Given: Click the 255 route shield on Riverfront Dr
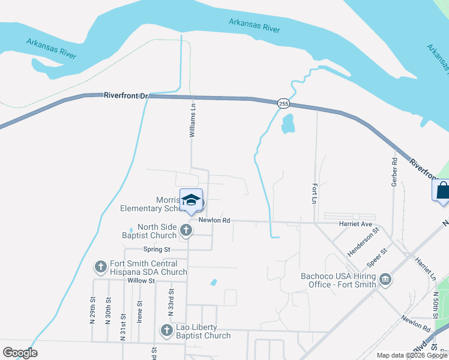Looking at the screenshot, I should pyautogui.click(x=283, y=104).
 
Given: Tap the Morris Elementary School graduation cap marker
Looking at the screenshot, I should pyautogui.click(x=191, y=201).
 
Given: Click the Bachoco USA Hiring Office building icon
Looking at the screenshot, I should pyautogui.click(x=385, y=280).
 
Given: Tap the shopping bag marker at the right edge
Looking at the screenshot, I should pyautogui.click(x=442, y=191).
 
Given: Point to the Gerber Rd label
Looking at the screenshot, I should pyautogui.click(x=394, y=172).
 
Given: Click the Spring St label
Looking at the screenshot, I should pyautogui.click(x=157, y=249).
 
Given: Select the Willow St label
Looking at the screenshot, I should pyautogui.click(x=141, y=280).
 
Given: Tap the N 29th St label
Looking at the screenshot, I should pyautogui.click(x=92, y=310).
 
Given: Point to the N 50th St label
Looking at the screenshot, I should pyautogui.click(x=435, y=306).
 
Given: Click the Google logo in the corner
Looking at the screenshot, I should pyautogui.click(x=19, y=353).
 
